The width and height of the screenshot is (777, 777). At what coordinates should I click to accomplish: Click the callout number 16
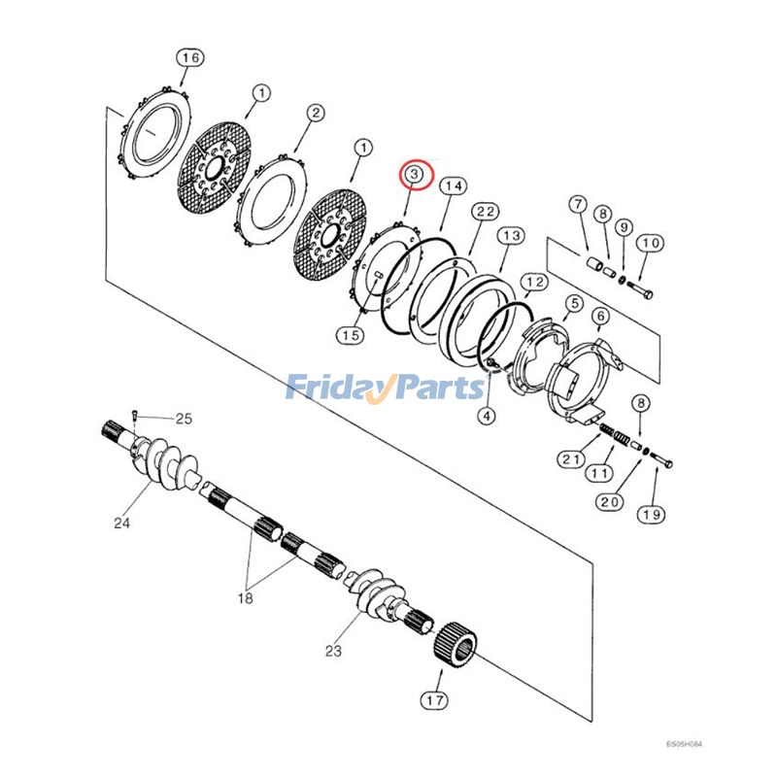pyautogui.click(x=189, y=58)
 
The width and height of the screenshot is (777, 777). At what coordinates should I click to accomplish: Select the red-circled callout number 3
pyautogui.click(x=415, y=174)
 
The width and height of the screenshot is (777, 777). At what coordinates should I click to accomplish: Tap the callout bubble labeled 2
pyautogui.click(x=316, y=114)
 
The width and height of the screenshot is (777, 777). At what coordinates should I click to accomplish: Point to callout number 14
pyautogui.click(x=452, y=186)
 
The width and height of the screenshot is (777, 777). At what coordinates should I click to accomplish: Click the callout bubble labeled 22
pyautogui.click(x=486, y=212)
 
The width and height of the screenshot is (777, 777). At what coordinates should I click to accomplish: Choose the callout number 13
pyautogui.click(x=512, y=236)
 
